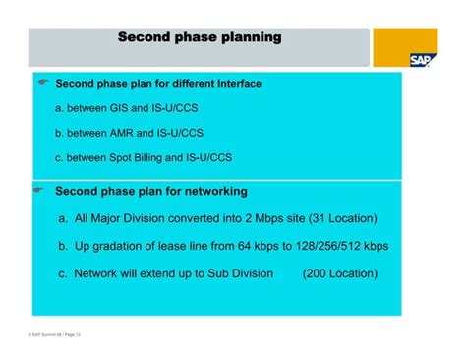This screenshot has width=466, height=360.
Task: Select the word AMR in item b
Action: pyautogui.click(x=127, y=131)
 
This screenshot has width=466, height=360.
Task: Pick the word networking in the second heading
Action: pyautogui.click(x=208, y=191)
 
